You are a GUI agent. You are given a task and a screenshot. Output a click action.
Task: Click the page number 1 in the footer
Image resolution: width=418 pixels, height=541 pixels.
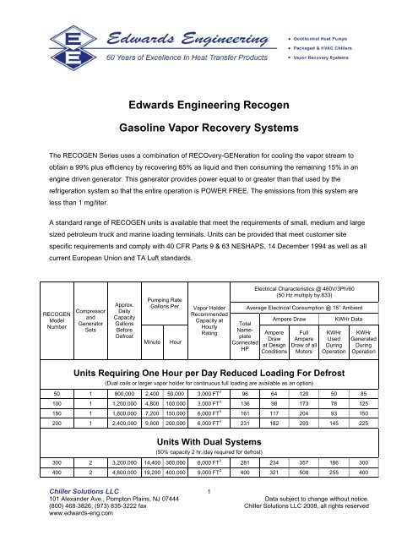[x=209, y=515]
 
